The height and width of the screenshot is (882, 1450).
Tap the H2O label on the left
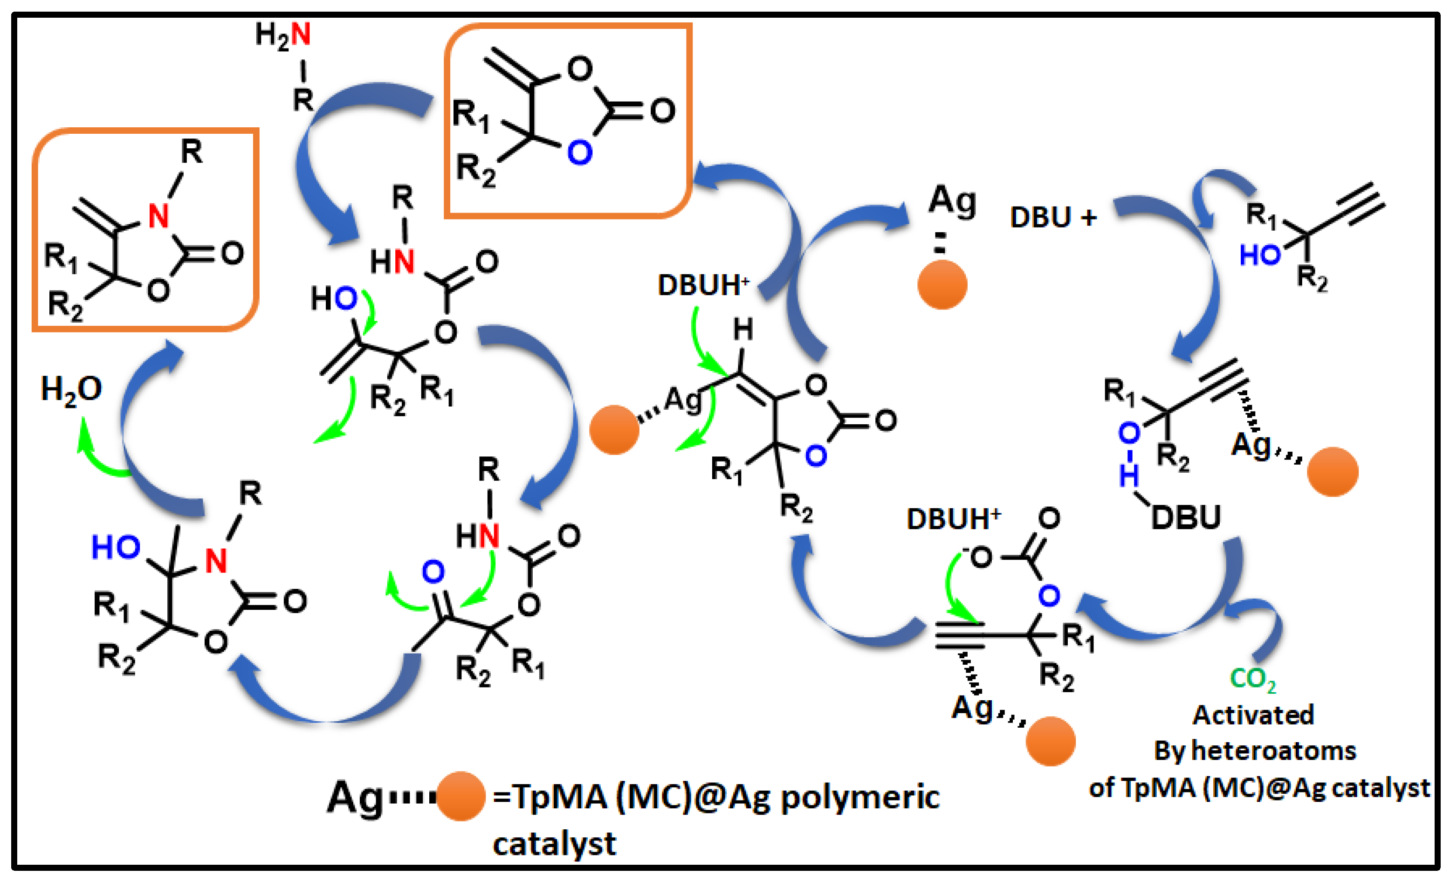click(71, 390)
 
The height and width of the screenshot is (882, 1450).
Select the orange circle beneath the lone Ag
click(942, 285)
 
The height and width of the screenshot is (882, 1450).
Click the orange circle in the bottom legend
click(461, 796)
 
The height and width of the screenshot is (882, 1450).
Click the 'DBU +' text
click(1053, 218)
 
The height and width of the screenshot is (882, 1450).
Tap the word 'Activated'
click(1253, 716)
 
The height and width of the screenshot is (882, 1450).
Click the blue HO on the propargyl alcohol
click(1259, 255)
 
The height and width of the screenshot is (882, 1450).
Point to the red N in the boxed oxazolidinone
click(159, 216)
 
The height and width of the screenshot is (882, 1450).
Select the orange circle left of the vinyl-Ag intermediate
click(614, 429)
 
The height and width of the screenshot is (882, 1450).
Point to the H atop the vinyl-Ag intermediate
click(742, 330)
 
